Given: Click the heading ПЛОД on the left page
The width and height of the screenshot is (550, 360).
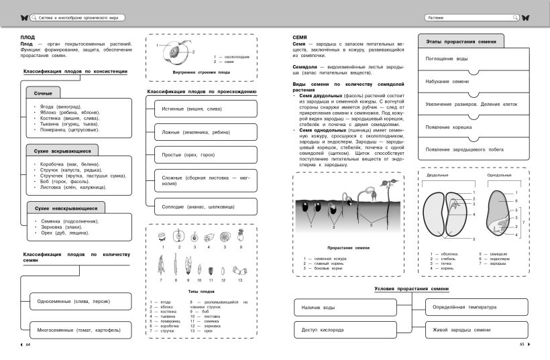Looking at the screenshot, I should pyautogui.click(x=28, y=38).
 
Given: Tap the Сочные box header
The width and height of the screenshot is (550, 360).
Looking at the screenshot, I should pyautogui.click(x=44, y=93).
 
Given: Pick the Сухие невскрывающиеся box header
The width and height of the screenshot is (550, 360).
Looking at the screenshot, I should pyautogui.click(x=66, y=208).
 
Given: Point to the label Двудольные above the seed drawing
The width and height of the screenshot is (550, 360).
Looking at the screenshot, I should pyautogui.click(x=437, y=176).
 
